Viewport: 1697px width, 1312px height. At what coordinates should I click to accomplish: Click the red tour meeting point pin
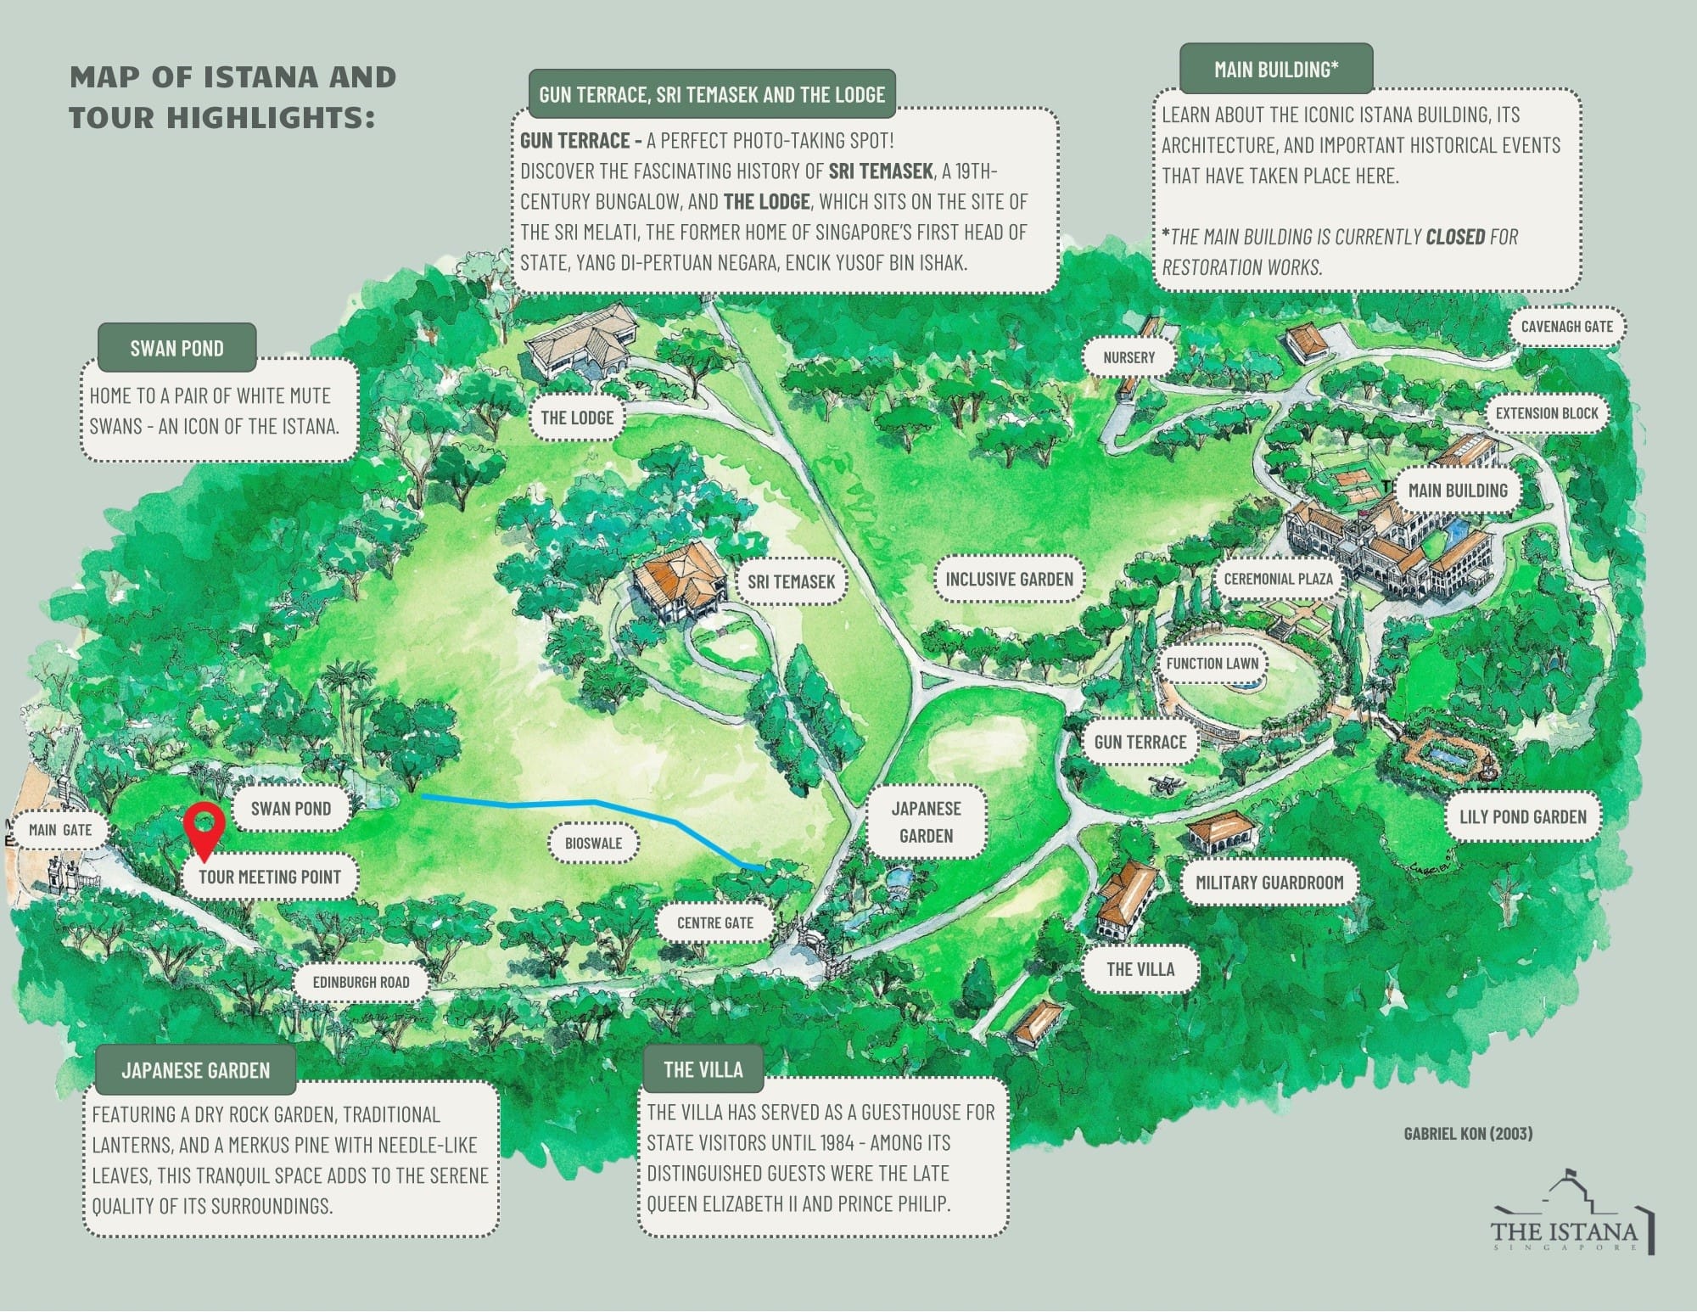click(204, 824)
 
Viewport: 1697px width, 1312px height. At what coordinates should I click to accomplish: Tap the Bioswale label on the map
click(594, 843)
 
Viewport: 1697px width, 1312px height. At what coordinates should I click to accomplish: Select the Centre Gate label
click(714, 922)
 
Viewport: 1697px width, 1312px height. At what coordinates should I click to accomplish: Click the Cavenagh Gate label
click(1566, 326)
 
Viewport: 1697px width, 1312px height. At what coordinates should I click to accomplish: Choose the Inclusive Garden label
click(1009, 579)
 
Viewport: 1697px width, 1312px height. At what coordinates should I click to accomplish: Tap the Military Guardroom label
click(1269, 883)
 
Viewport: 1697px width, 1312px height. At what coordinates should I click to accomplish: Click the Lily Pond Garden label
click(1522, 816)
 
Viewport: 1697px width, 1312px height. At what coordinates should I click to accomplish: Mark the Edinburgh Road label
click(361, 982)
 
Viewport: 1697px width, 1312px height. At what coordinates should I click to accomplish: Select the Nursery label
click(1129, 357)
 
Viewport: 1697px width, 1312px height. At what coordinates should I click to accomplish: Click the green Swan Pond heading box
click(176, 348)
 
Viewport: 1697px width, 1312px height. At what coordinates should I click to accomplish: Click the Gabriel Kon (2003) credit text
click(1468, 1133)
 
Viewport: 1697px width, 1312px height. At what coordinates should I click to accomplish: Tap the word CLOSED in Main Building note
click(1455, 237)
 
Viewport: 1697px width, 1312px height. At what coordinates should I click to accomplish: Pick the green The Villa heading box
click(703, 1069)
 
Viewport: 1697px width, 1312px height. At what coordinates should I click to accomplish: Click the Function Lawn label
click(1212, 664)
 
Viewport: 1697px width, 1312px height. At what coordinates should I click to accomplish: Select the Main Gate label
click(59, 829)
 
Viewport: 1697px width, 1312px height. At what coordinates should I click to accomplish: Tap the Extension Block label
click(1546, 413)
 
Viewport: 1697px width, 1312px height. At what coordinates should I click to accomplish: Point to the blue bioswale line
click(594, 802)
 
